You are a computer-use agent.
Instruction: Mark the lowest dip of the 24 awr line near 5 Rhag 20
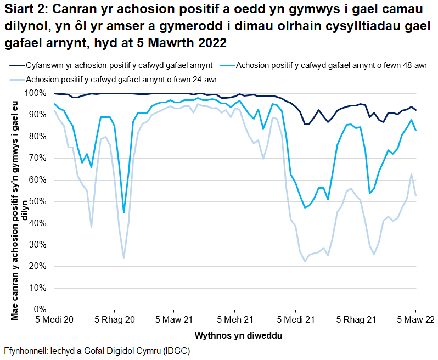pos(123,258)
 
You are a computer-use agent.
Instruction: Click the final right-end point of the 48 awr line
pos(415,131)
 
